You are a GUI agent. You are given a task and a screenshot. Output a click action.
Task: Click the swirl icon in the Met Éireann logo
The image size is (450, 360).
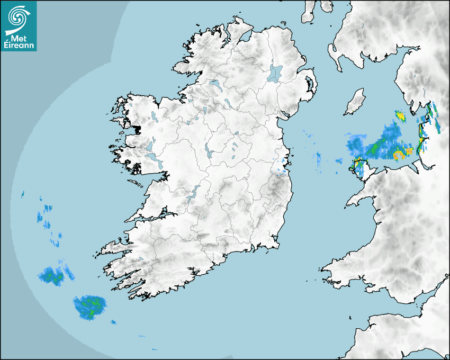click(x=18, y=17)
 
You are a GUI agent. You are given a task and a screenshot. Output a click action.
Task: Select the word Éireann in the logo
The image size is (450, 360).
click(x=18, y=46)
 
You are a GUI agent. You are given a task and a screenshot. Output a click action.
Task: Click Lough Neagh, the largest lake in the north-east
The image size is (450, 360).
click(x=275, y=73)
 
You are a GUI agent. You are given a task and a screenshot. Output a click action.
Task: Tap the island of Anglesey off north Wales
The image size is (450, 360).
click(x=360, y=166)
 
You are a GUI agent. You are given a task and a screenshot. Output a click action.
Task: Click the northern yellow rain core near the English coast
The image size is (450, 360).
click(x=401, y=115)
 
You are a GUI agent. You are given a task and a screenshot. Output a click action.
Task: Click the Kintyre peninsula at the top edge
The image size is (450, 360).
click(x=309, y=11)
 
